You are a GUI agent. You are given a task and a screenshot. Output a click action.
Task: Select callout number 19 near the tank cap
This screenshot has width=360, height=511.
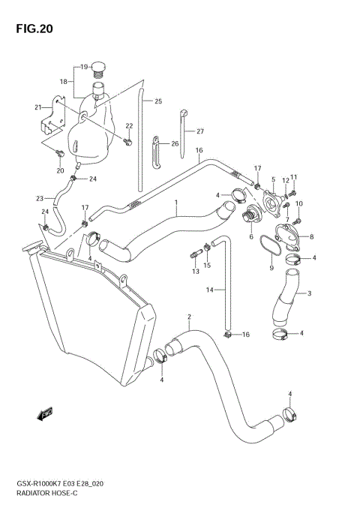[85, 67]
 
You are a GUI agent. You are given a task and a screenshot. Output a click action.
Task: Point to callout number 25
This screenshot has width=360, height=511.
[157, 101]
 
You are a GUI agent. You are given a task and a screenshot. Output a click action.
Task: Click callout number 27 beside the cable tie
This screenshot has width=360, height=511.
[200, 131]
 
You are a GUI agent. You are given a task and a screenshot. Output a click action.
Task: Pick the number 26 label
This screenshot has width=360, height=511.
[175, 143]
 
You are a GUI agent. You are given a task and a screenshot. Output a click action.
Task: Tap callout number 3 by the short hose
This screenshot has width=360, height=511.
[309, 293]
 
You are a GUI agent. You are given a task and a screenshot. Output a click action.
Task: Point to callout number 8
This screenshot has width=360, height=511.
[311, 236]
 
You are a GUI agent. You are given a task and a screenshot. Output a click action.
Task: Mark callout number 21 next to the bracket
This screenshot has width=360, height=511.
[37, 107]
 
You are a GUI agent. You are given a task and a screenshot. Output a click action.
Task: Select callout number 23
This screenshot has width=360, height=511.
[39, 198]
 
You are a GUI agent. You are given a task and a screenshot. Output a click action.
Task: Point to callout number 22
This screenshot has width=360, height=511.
[129, 125]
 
